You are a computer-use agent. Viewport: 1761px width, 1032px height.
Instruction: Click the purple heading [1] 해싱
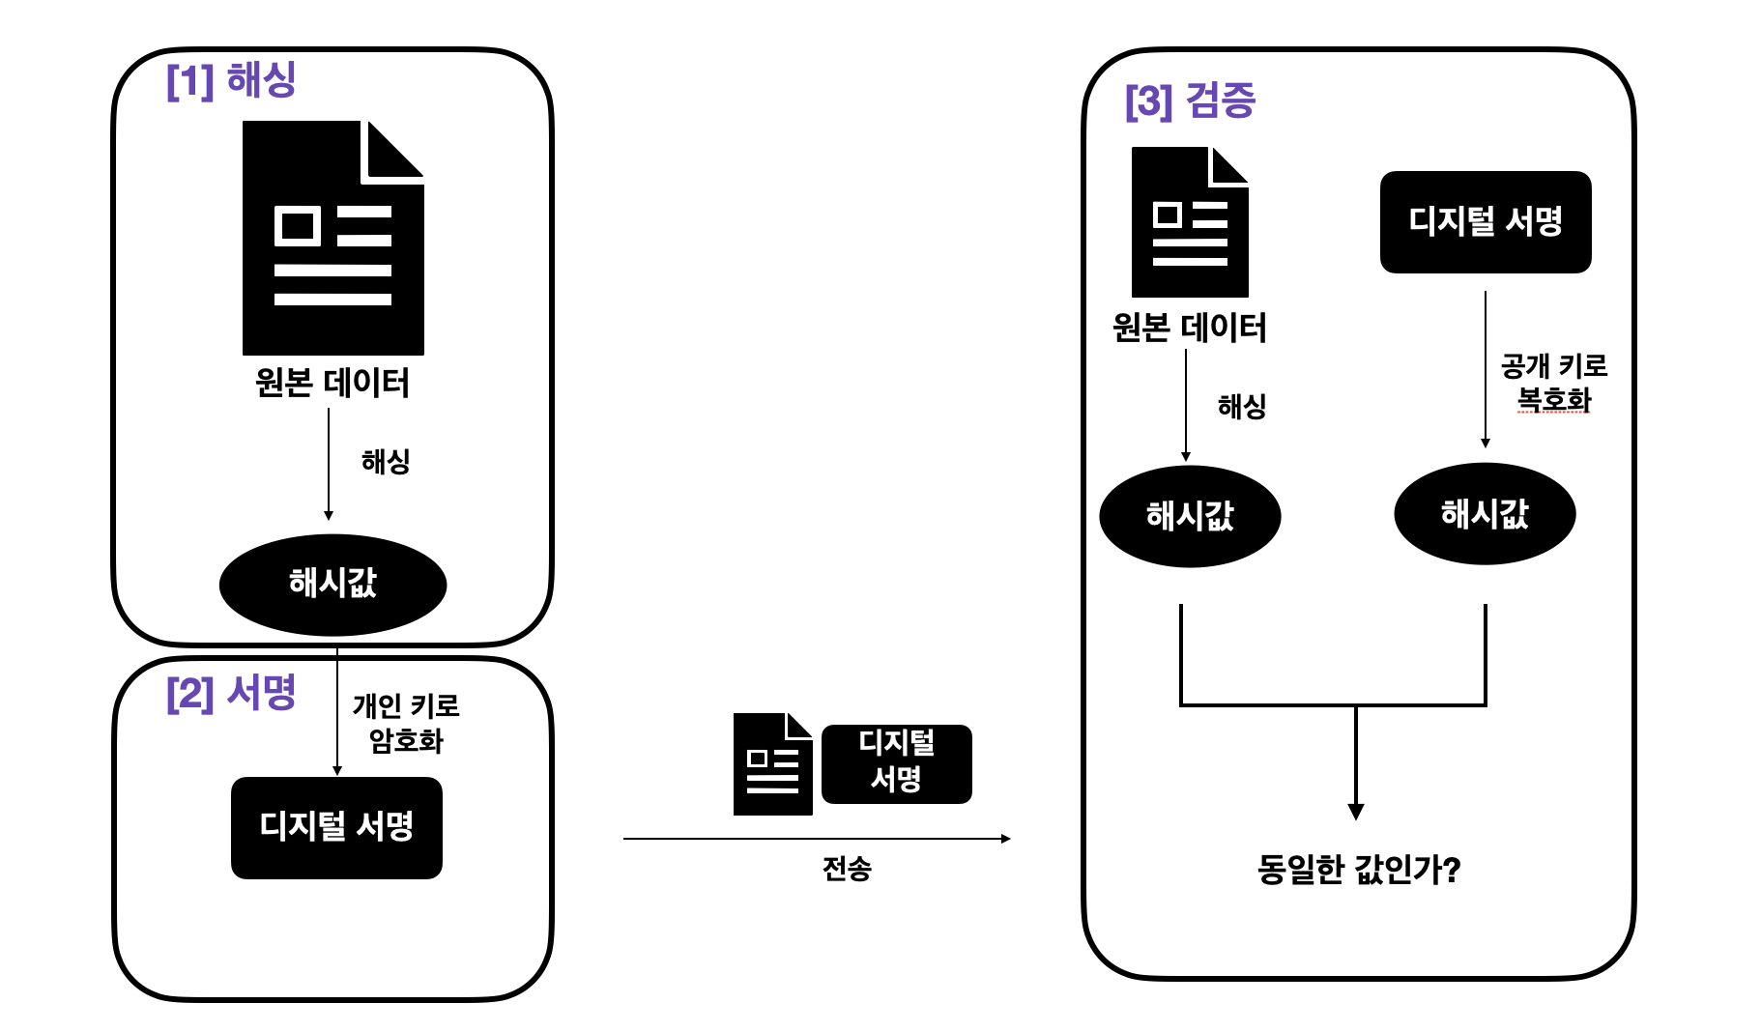231,80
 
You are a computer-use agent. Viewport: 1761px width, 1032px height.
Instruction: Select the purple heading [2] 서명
231,693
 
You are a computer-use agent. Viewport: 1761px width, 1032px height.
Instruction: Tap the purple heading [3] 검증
1190,100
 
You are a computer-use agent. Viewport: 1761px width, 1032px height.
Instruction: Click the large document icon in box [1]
332,238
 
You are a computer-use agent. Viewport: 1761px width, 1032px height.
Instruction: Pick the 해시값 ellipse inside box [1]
332,584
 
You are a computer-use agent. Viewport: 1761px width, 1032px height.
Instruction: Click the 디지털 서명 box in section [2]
336,827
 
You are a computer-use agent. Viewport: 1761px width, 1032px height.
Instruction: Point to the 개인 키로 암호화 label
406,723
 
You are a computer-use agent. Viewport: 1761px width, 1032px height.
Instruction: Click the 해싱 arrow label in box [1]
386,461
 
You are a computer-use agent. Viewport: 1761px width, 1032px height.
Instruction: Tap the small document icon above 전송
772,764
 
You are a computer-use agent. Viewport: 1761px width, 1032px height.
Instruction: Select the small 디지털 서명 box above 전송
896,763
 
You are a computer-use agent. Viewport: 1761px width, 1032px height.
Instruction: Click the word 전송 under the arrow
847,869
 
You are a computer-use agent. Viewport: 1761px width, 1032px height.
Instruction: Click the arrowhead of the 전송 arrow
1006,839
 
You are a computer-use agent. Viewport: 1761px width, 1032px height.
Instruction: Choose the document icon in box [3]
1190,222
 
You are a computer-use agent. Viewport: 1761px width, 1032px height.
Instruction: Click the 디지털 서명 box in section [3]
1485,222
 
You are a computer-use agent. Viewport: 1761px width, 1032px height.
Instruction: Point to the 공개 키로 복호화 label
1553,383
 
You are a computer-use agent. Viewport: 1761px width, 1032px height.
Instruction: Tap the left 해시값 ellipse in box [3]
1190,516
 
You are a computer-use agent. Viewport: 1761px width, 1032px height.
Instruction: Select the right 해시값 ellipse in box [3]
1485,514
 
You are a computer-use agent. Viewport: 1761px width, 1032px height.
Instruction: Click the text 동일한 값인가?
1358,870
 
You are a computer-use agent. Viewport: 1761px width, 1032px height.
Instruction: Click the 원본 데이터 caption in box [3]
1189,328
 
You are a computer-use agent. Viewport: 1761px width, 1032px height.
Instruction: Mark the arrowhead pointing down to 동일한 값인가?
1356,812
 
